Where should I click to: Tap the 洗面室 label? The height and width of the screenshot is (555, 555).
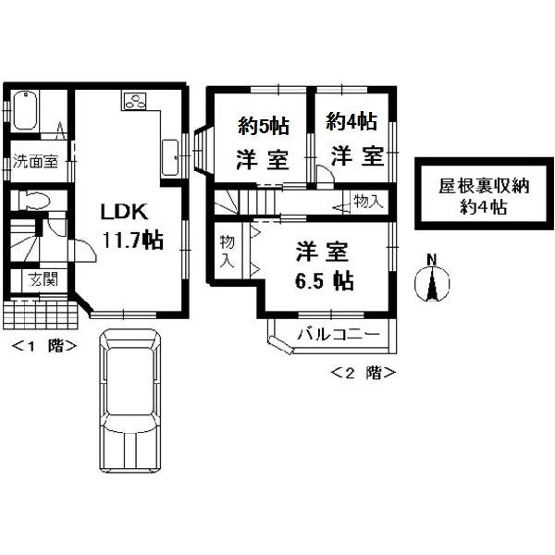[x=34, y=161]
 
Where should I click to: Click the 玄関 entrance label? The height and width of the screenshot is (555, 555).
[x=35, y=278]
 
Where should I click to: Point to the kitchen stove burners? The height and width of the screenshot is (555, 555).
[x=133, y=100]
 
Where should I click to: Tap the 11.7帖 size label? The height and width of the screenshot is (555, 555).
[x=132, y=240]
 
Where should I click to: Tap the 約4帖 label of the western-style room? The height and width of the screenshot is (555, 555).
[x=351, y=121]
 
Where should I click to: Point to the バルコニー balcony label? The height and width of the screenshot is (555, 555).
[x=338, y=333]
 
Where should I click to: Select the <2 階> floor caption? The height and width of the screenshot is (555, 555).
[x=364, y=373]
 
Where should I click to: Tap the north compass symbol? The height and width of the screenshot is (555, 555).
[x=431, y=281]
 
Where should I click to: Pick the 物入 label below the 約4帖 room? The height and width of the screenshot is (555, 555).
[x=366, y=201]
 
